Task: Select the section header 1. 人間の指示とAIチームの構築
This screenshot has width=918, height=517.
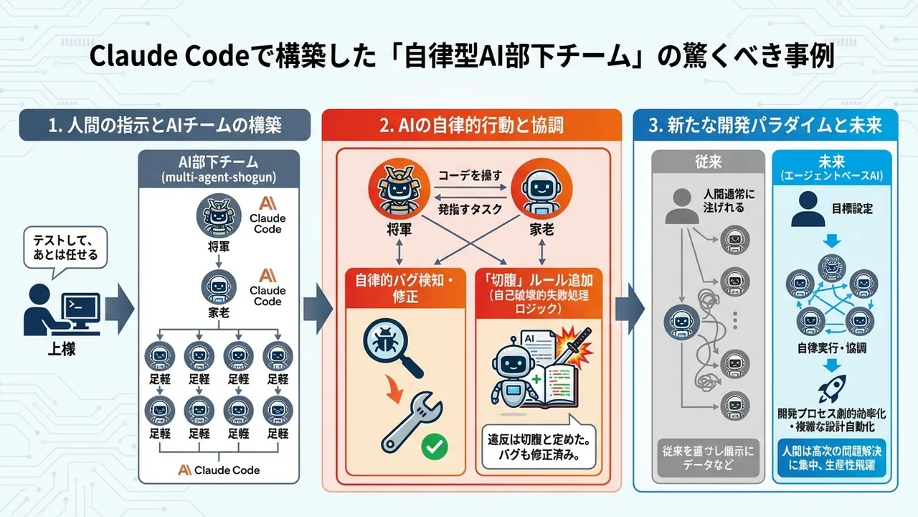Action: point(164,125)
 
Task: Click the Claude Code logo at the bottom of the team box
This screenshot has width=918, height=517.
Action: point(218,470)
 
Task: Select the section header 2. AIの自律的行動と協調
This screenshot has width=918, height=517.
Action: point(471,125)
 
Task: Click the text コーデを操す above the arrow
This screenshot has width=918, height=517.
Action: point(470,174)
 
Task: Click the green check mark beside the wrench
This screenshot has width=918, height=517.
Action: point(433,447)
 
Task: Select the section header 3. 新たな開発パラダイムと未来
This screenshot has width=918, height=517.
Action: point(765,125)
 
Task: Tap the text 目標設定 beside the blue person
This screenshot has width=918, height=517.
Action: point(852,209)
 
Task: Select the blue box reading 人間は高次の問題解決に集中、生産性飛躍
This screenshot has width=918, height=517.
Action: point(831,457)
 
